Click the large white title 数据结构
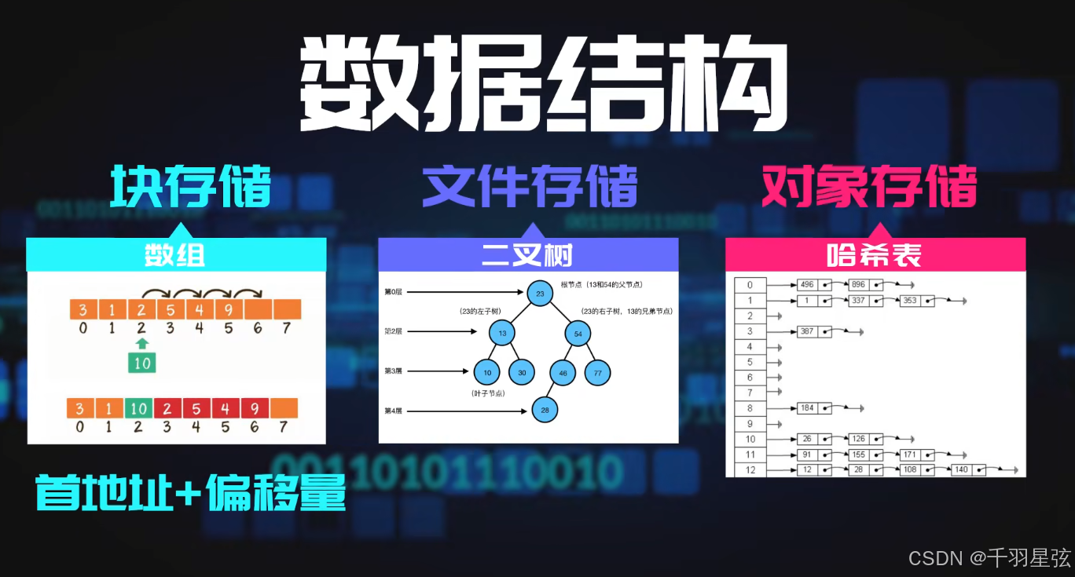click(543, 84)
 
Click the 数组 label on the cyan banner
click(175, 255)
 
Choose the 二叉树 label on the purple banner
click(527, 255)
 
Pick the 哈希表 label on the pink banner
click(874, 255)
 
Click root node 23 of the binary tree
click(540, 294)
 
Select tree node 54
click(578, 334)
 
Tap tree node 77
click(597, 373)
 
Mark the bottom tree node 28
click(545, 409)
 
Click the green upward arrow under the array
click(141, 343)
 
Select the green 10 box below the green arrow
click(142, 363)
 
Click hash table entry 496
click(805, 285)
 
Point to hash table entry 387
click(805, 331)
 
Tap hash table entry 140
click(961, 470)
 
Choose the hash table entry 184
click(805, 408)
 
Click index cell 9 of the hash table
click(750, 424)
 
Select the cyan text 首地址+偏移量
click(191, 491)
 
